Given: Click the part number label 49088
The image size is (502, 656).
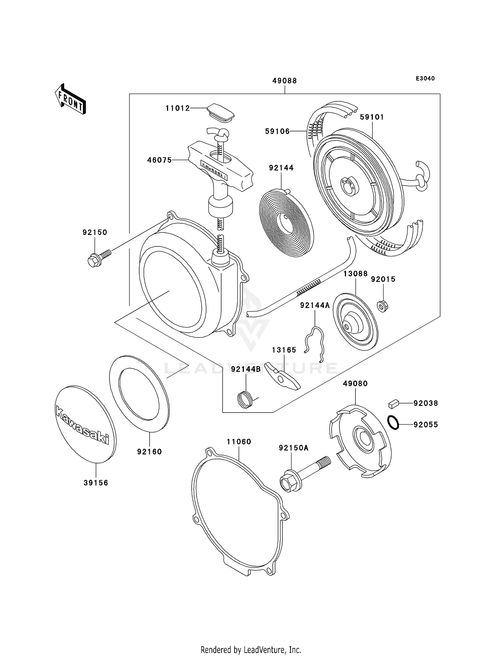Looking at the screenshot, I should (x=284, y=81).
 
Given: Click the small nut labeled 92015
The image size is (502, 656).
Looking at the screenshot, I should (x=382, y=306).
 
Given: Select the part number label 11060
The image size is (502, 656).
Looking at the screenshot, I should (x=239, y=442).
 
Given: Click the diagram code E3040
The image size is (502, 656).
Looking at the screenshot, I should (x=425, y=79).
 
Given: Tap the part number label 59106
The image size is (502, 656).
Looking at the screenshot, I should (x=277, y=131).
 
